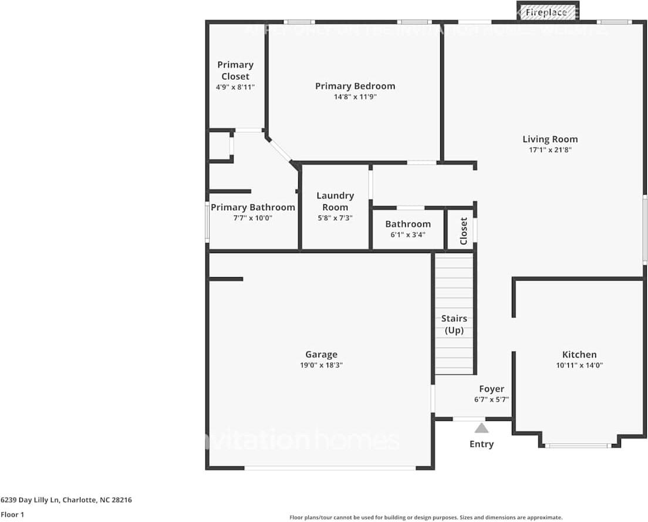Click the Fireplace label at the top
pyautogui.click(x=546, y=12)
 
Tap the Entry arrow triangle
pyautogui.click(x=481, y=428)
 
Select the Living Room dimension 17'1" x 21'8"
pyautogui.click(x=550, y=150)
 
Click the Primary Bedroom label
pyautogui.click(x=355, y=86)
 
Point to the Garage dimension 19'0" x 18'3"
pyautogui.click(x=321, y=365)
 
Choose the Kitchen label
pyautogui.click(x=579, y=354)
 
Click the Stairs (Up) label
pyautogui.click(x=454, y=324)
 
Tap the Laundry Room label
pyautogui.click(x=335, y=201)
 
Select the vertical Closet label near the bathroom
pyautogui.click(x=463, y=231)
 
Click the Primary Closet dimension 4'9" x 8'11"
pyautogui.click(x=235, y=87)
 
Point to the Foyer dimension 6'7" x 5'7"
pyautogui.click(x=491, y=399)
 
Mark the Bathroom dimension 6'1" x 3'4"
pyautogui.click(x=407, y=234)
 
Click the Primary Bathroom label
pyautogui.click(x=252, y=207)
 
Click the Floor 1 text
pyautogui.click(x=12, y=514)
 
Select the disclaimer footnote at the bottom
pyautogui.click(x=426, y=517)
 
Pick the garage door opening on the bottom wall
pyautogui.click(x=330, y=468)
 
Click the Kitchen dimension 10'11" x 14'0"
pyautogui.click(x=579, y=365)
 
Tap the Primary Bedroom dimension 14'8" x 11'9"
pyautogui.click(x=355, y=97)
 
